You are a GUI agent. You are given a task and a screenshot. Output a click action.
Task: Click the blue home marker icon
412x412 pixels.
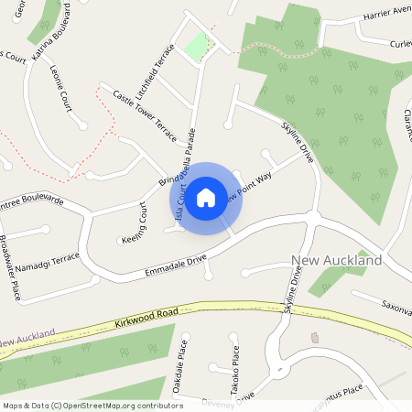click(206, 196)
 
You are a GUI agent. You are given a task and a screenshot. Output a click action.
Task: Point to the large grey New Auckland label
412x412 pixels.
click(336, 261)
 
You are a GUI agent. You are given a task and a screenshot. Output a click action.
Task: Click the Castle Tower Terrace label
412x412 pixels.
click(143, 116)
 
